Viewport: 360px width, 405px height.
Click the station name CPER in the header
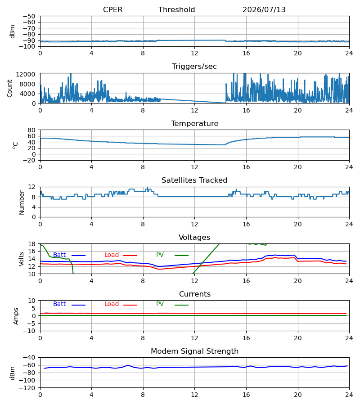point(112,9)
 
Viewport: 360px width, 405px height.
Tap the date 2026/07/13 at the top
point(264,9)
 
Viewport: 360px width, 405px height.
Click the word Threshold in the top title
point(176,9)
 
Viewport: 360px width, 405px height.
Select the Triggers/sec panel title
point(194,67)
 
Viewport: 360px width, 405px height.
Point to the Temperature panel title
point(194,123)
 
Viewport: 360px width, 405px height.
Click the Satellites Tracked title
point(194,180)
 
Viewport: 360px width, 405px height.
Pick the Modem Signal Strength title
point(194,351)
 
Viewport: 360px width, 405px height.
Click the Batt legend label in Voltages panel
point(59,255)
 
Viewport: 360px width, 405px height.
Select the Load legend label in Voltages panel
point(112,255)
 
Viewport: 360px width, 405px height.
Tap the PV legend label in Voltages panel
point(160,255)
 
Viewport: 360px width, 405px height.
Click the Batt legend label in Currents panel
point(59,304)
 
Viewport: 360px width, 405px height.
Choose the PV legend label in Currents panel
point(160,304)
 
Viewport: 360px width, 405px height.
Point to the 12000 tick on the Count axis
point(26,74)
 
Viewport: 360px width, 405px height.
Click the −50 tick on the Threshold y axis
point(29,16)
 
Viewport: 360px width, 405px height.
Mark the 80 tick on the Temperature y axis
point(31,130)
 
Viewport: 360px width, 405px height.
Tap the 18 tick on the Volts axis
point(31,244)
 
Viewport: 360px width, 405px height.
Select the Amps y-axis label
point(16,316)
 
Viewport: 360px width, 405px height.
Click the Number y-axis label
point(22,202)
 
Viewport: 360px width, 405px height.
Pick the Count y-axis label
point(10,88)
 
